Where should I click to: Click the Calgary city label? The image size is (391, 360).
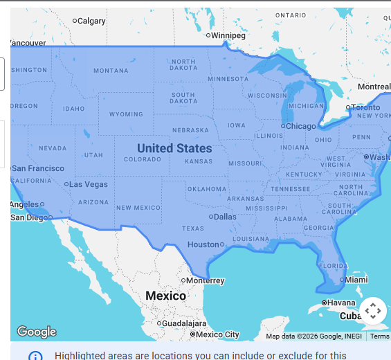91,21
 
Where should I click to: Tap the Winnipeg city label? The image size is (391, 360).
228,35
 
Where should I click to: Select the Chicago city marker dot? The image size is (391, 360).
283,126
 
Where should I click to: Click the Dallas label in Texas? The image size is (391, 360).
225,217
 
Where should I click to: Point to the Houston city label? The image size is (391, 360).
203,244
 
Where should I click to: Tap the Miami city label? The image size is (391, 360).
356,280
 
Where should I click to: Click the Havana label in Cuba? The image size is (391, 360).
341,303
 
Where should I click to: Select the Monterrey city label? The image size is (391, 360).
206,280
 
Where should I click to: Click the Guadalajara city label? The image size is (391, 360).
185,323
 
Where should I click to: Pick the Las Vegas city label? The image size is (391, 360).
89,184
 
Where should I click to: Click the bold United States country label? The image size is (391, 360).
174,148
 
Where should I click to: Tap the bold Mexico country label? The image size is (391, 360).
165,296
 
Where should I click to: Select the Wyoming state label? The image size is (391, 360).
126,114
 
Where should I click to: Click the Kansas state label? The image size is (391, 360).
199,161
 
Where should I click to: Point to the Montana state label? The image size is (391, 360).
111,71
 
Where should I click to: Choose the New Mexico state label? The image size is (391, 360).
138,208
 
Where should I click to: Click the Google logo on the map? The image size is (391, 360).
36,332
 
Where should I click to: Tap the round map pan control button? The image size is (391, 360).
372,311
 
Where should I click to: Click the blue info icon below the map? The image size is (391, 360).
35,356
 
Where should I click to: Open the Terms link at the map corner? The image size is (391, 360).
380,336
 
